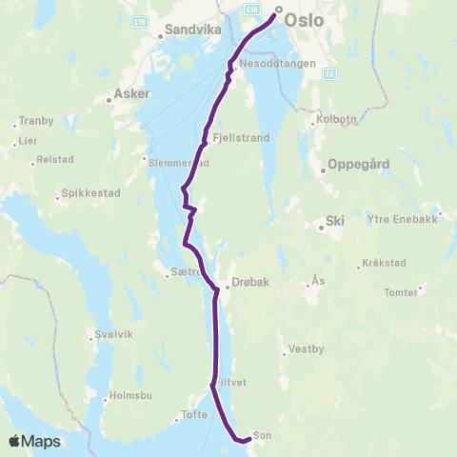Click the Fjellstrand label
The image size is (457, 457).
point(242,137)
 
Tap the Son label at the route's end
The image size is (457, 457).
point(262,436)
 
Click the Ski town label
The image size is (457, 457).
point(334,220)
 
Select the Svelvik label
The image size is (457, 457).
point(113,334)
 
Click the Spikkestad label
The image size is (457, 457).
point(90,193)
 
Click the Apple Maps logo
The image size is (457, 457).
point(34,441)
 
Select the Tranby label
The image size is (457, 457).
point(38,121)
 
